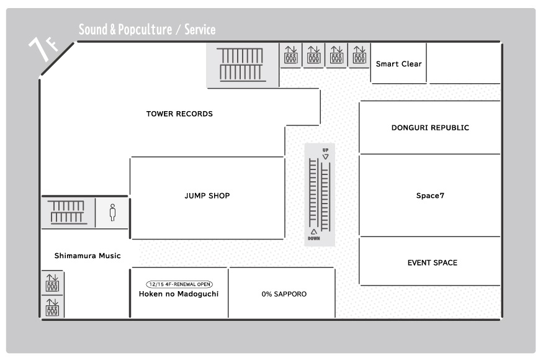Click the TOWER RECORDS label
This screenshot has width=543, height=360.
pyautogui.click(x=179, y=114)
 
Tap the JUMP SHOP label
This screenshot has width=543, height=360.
pyautogui.click(x=207, y=196)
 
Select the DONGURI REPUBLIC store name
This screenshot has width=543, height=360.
pyautogui.click(x=430, y=127)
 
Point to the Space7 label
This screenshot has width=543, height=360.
pyautogui.click(x=430, y=196)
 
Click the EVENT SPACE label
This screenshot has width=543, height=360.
pyautogui.click(x=432, y=263)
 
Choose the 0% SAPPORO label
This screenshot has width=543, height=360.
pyautogui.click(x=284, y=294)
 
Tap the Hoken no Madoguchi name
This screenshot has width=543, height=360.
pyautogui.click(x=179, y=294)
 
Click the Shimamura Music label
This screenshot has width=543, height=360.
pyautogui.click(x=88, y=256)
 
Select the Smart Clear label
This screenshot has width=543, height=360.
pyautogui.click(x=398, y=64)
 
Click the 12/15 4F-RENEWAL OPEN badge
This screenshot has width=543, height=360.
pyautogui.click(x=179, y=284)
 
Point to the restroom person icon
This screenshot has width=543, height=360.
pyautogui.click(x=112, y=212)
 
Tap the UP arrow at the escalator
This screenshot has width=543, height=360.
pyautogui.click(x=326, y=156)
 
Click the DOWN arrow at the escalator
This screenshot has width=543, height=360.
pyautogui.click(x=314, y=232)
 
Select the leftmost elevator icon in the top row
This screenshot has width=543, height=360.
pyautogui.click(x=290, y=55)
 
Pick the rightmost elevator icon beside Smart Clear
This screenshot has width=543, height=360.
pyautogui.click(x=359, y=55)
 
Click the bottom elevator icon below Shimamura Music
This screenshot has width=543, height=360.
pyautogui.click(x=52, y=307)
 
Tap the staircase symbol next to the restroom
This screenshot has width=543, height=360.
pyautogui.click(x=68, y=212)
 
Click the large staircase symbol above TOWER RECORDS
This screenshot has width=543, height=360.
pyautogui.click(x=241, y=65)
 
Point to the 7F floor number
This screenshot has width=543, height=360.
pyautogui.click(x=43, y=48)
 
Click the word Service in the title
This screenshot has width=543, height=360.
pyautogui.click(x=200, y=29)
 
